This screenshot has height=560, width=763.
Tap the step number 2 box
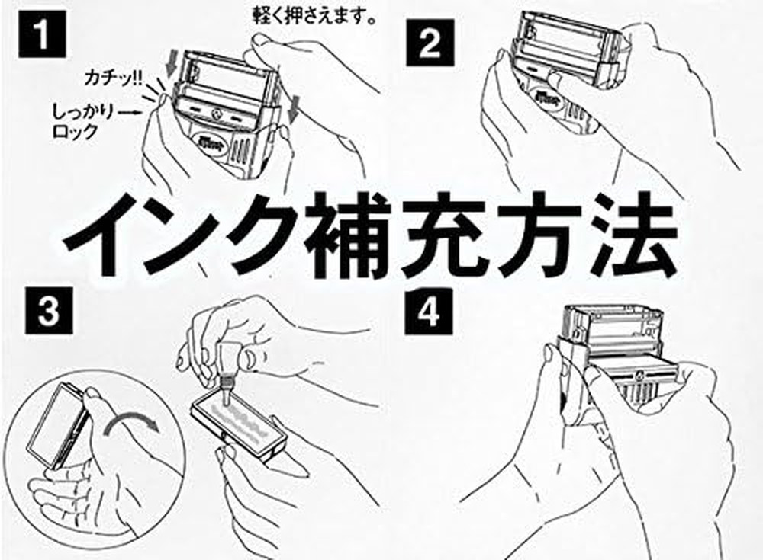430,45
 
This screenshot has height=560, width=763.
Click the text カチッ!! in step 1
114,77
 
